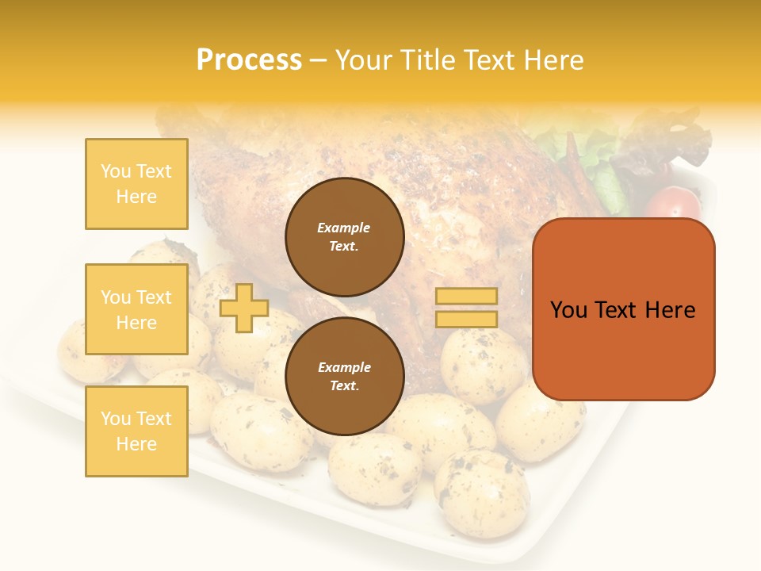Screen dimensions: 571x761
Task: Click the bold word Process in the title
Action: coord(249,60)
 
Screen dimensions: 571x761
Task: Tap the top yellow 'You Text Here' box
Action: coord(136,184)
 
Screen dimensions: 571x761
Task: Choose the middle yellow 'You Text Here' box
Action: coord(136,309)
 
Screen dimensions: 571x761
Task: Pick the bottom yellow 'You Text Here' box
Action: coord(136,431)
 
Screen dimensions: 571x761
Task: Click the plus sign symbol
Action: coord(243,308)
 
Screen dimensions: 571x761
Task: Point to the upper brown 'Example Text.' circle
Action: coord(344,237)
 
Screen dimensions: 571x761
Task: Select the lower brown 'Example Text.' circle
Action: coord(344,377)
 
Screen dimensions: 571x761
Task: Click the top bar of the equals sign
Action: coord(466,296)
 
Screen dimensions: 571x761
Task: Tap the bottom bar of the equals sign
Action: coord(466,319)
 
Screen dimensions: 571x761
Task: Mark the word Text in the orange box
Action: coord(623,310)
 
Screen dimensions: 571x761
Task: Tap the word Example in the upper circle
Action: coord(344,228)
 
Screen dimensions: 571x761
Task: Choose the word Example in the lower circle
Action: coord(344,368)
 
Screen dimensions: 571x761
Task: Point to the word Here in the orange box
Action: coord(671,310)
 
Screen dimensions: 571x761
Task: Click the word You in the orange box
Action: coord(569,310)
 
